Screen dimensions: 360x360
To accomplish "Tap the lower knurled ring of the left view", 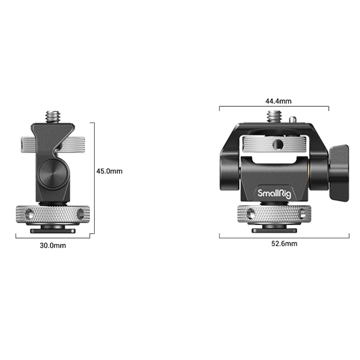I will point(53,214).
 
